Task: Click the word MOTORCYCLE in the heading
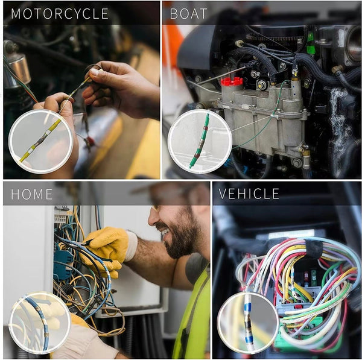tap(60, 13)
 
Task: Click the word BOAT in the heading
tap(189, 13)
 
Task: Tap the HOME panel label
tap(32, 194)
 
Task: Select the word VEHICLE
tap(249, 194)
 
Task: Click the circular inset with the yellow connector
tap(40, 141)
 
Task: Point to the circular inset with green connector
tap(200, 141)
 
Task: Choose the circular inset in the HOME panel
tap(40, 323)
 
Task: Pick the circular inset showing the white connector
tap(247, 323)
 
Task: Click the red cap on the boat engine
tap(231, 81)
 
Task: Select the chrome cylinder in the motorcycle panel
tap(17, 69)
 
